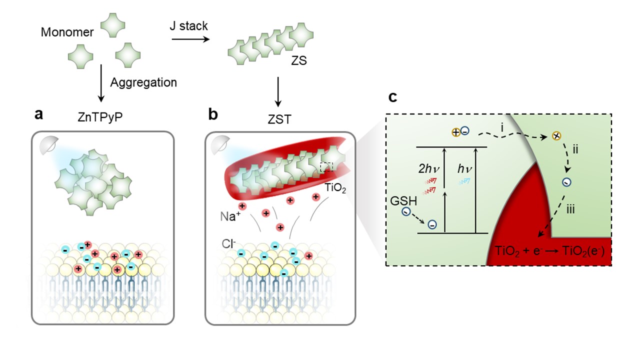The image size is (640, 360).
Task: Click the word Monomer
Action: (67, 32)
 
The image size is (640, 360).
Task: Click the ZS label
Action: (299, 61)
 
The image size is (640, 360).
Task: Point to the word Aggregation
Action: (143, 82)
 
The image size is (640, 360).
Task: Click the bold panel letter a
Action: (38, 114)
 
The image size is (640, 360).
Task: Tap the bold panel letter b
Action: (212, 114)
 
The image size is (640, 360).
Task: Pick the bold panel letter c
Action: (393, 96)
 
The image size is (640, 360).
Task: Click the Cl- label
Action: (228, 245)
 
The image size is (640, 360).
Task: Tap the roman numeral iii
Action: (569, 209)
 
